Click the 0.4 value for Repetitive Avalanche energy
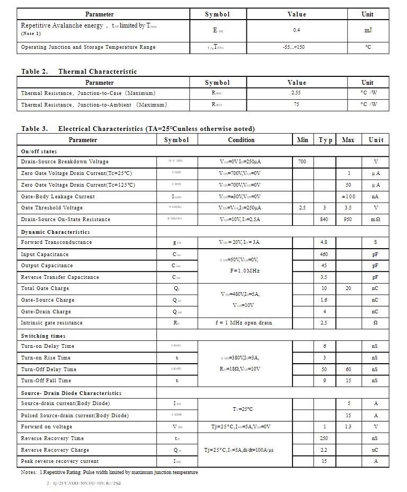[296, 30]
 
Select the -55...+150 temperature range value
[296, 47]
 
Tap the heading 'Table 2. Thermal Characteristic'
[79, 72]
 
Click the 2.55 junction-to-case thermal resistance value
[296, 93]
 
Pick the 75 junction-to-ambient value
[296, 104]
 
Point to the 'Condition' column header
[241, 140]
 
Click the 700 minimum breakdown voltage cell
[302, 162]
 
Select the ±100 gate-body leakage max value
[348, 197]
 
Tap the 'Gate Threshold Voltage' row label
[52, 208]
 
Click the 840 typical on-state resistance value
[324, 219]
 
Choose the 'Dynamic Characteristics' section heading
[56, 232]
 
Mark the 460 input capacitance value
[324, 254]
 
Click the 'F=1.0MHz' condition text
[241, 271]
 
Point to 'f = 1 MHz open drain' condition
[244, 323]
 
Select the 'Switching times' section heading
[43, 336]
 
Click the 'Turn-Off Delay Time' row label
[49, 370]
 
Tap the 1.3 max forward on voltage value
[348, 427]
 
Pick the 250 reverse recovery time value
[324, 438]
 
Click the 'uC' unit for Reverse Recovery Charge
[375, 450]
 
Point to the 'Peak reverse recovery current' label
[60, 461]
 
